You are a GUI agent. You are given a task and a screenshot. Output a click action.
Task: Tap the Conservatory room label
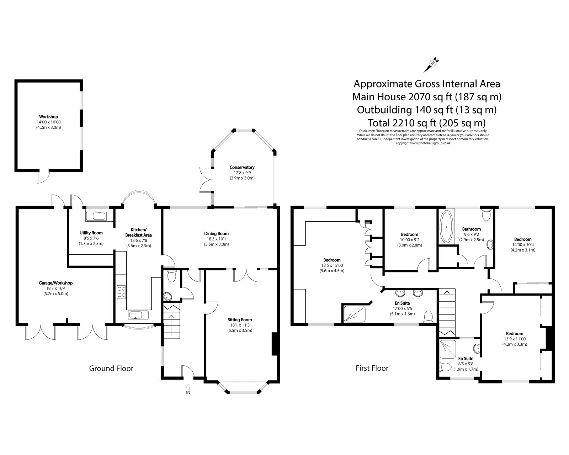[x=242, y=167]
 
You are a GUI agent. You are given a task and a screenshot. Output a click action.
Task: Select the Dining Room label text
[x=216, y=234]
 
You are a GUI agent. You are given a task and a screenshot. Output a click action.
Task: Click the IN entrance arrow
[x=188, y=387]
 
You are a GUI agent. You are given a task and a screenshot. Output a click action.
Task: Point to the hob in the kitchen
[x=121, y=292]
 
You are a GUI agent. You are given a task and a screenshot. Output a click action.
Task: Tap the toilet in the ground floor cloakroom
[x=172, y=276]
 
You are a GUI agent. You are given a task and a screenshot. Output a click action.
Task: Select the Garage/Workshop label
[x=55, y=283]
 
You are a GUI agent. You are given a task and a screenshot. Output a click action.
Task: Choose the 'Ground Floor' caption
[x=111, y=368]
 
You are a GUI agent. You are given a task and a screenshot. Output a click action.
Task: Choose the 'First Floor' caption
[x=372, y=368]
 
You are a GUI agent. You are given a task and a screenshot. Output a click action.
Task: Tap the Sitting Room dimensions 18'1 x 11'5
[x=240, y=330]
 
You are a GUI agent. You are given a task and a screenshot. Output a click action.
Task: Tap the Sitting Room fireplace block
[x=274, y=344]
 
